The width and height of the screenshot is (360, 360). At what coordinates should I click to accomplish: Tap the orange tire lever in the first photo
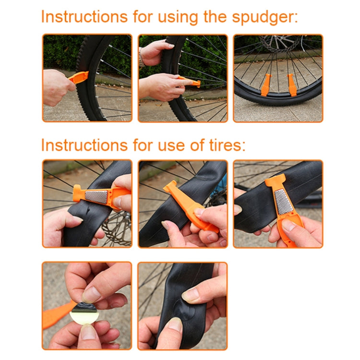(79, 77)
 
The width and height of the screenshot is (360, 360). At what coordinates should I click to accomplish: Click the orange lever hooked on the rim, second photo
(190, 82)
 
